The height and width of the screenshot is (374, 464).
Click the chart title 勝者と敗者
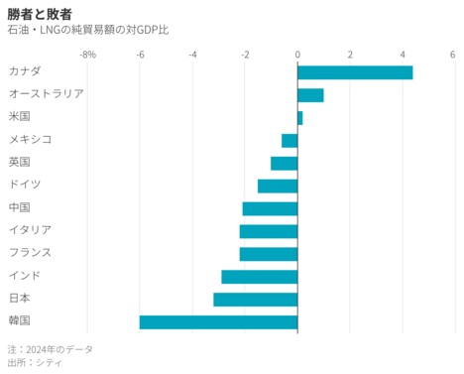(x=40, y=13)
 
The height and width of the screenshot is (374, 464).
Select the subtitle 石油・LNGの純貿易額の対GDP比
(x=88, y=30)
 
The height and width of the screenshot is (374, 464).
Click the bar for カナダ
(x=355, y=72)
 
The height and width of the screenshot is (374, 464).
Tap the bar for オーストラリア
(x=310, y=95)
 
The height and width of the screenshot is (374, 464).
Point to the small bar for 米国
(x=299, y=118)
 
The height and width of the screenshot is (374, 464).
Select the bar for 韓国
(x=218, y=321)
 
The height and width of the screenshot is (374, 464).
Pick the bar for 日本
(x=255, y=299)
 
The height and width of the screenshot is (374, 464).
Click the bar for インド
(x=259, y=276)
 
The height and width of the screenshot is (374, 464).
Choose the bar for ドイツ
(x=278, y=186)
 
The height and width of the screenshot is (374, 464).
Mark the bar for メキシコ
(x=290, y=141)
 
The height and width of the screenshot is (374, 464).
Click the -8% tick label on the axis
(x=87, y=54)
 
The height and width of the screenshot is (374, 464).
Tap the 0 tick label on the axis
(x=297, y=54)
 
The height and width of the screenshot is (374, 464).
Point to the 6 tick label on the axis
(x=455, y=54)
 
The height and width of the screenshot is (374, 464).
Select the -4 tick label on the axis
(x=192, y=54)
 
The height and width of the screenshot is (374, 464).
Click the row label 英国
(x=19, y=163)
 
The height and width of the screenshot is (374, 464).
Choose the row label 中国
(x=19, y=207)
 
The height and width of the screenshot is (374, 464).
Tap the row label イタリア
(x=29, y=230)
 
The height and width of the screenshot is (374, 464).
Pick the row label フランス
(x=29, y=253)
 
